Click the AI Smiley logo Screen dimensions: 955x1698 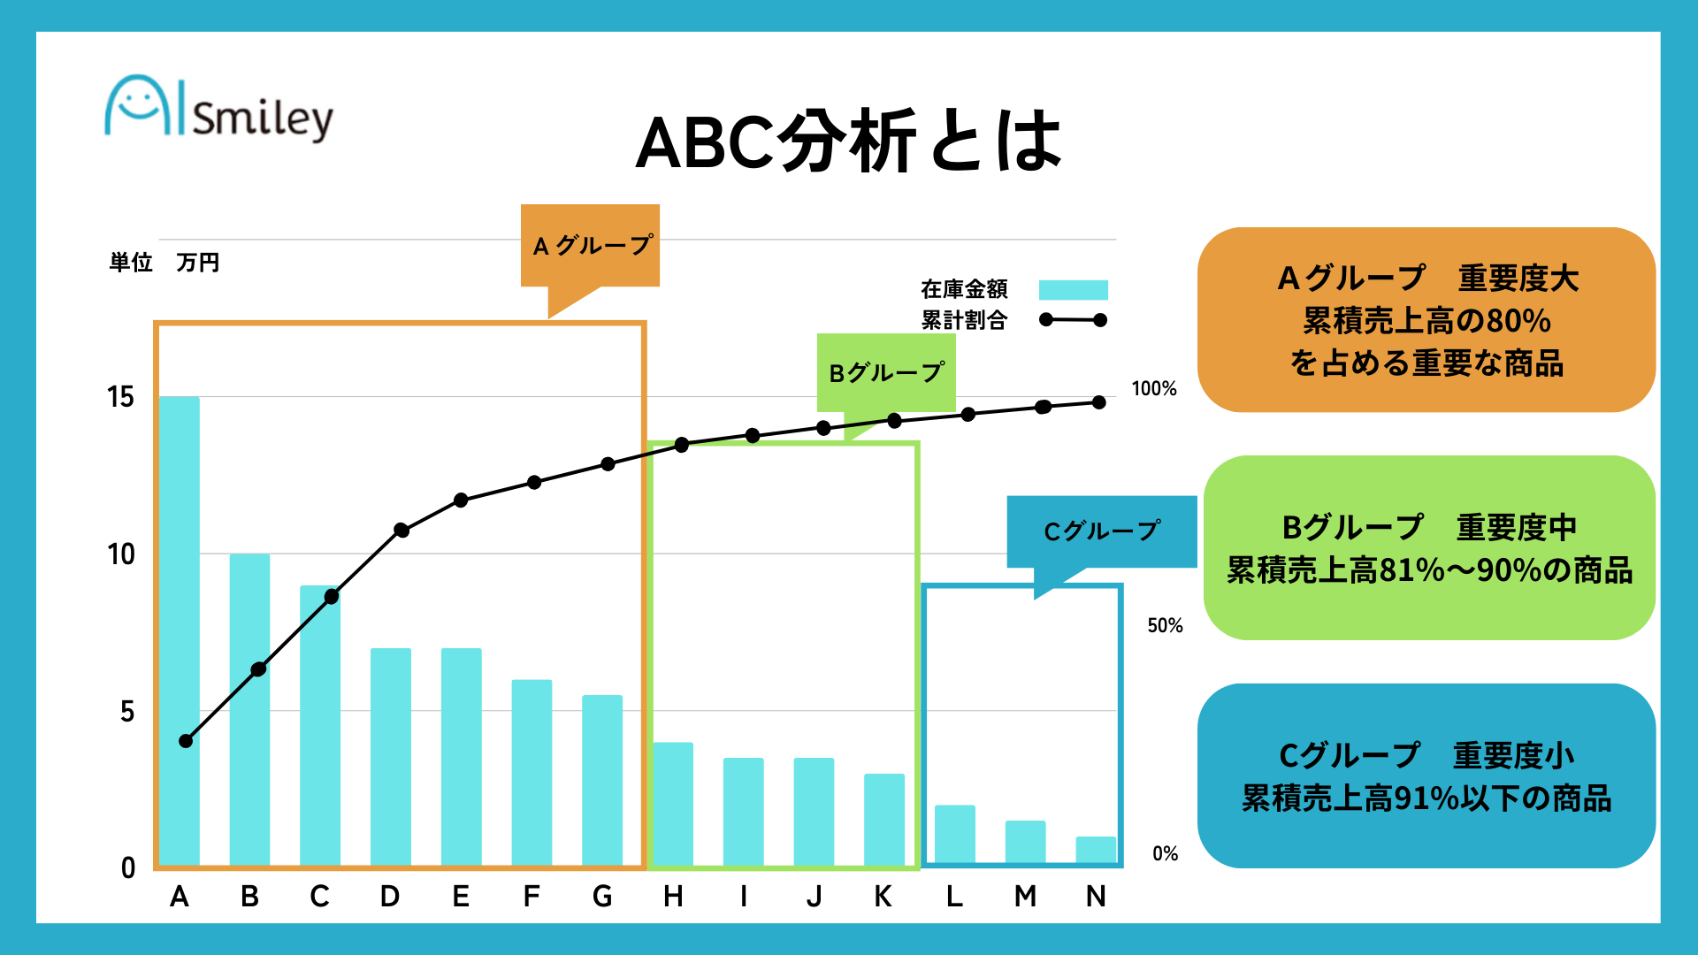click(218, 110)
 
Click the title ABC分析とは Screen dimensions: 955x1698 click(848, 141)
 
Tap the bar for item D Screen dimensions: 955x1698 click(390, 756)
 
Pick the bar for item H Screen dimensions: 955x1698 click(673, 803)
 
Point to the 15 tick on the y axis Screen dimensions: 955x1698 click(120, 397)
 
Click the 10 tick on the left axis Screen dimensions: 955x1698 click(120, 554)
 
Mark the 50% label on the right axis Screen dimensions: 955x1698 click(1165, 626)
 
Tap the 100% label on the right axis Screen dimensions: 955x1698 click(1154, 389)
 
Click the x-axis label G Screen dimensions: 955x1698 click(602, 897)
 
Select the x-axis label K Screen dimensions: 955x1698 click(883, 897)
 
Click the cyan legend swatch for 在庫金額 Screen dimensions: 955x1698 click(1073, 290)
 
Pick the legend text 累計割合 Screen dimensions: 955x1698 click(964, 320)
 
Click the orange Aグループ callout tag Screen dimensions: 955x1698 click(590, 245)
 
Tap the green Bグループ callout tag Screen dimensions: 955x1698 click(886, 372)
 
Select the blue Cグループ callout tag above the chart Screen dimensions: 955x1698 click(1101, 531)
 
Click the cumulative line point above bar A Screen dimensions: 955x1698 click(186, 741)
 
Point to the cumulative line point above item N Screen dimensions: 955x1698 click(1099, 402)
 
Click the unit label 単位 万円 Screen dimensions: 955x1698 click(164, 263)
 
